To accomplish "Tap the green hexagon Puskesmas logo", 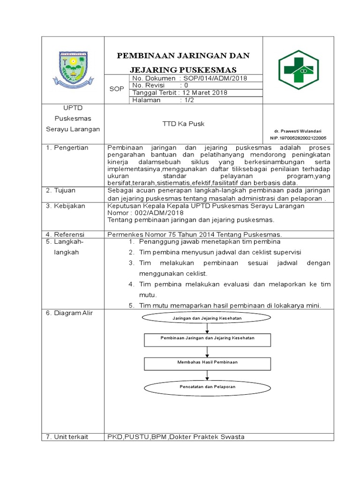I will click(x=298, y=69).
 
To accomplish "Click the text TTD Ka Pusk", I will click(x=183, y=124).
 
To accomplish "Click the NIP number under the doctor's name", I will click(x=298, y=138).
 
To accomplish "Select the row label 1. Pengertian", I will click(x=67, y=148).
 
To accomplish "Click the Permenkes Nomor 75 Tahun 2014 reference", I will click(x=194, y=234).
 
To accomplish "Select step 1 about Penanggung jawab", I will click(x=209, y=242).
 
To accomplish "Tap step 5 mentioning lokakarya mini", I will click(x=230, y=305).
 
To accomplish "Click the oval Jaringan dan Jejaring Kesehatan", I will click(x=207, y=319).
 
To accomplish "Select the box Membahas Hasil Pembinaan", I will click(x=207, y=362).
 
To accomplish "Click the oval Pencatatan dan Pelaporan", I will click(x=207, y=387).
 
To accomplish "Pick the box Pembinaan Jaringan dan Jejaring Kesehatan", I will click(x=207, y=338).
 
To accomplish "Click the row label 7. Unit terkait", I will click(x=68, y=437).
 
